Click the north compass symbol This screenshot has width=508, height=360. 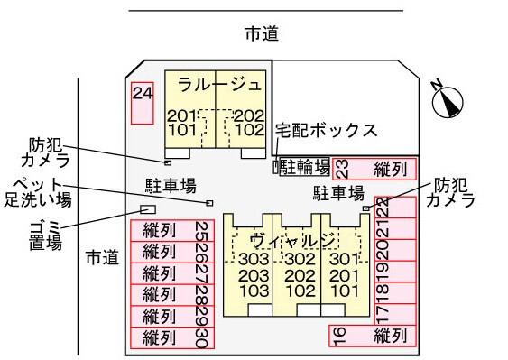(x=447, y=101)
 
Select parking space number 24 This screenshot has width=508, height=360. (x=142, y=102)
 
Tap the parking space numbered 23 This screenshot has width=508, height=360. (x=342, y=168)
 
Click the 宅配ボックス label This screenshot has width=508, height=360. (x=326, y=131)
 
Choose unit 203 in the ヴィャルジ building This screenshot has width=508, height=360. (x=254, y=276)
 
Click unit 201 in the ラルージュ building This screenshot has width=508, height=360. (x=181, y=116)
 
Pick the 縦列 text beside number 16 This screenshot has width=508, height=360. (x=391, y=337)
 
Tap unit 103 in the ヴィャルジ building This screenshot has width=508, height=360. (x=254, y=291)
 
